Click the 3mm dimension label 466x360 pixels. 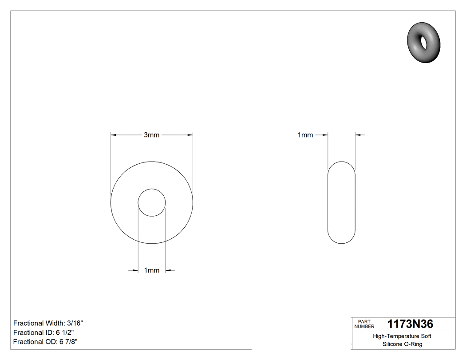[x=151, y=135]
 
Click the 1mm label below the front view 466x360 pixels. [x=151, y=270]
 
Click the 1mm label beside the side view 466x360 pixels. [x=305, y=135]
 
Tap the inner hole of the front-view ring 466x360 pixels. [x=152, y=202]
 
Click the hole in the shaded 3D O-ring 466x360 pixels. [x=423, y=42]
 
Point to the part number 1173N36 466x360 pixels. [x=410, y=324]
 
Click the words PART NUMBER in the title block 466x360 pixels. [x=364, y=324]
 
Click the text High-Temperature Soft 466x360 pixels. [x=402, y=336]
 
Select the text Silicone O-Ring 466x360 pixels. [x=402, y=344]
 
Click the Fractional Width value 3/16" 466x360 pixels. [x=74, y=323]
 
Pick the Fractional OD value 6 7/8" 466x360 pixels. [x=69, y=342]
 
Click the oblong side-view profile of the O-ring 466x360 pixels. [x=341, y=202]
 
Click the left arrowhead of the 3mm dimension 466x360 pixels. [x=113, y=135]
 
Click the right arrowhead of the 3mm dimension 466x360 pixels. [x=190, y=135]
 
